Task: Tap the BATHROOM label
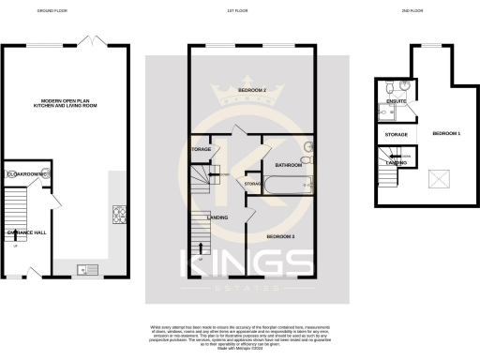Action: click(287, 165)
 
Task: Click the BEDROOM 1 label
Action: click(445, 134)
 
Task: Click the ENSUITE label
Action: click(395, 101)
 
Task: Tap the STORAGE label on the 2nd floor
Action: click(396, 135)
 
